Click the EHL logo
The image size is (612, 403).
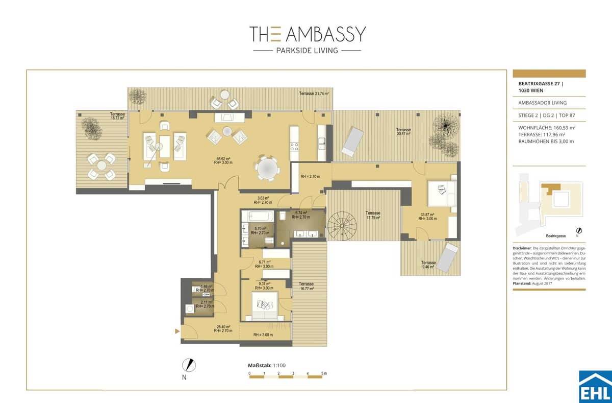point(595,387)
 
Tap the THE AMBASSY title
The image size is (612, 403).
point(307,34)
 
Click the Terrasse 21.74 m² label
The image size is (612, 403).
point(314,94)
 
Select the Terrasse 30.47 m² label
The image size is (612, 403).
point(403,132)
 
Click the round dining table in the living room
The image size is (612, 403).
point(268,168)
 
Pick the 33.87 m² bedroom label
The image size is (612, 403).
point(426,217)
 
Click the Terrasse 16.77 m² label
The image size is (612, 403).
point(306,286)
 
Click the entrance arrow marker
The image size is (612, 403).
point(177,331)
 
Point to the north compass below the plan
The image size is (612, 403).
point(189,366)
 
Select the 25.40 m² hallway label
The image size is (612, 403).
point(223,328)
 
